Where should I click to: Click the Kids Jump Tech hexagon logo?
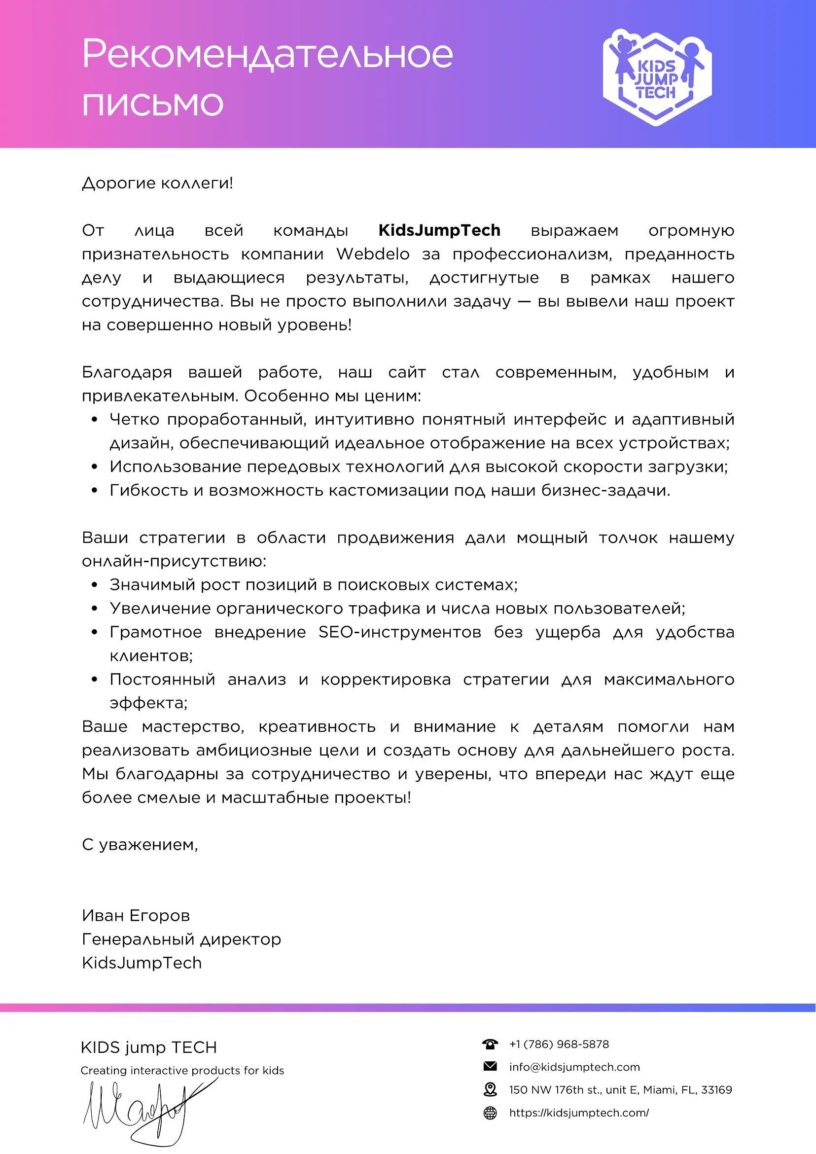click(x=657, y=77)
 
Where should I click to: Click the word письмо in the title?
click(x=152, y=104)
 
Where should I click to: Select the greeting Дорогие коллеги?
click(x=157, y=183)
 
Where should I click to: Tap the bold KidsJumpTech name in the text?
click(x=439, y=230)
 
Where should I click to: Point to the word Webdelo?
click(x=373, y=254)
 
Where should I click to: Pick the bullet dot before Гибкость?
click(x=95, y=491)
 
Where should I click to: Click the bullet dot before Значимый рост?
click(x=95, y=585)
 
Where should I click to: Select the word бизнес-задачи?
click(x=605, y=491)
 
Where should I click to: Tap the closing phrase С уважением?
click(x=140, y=845)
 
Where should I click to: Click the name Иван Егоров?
click(x=136, y=916)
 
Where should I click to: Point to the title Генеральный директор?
click(x=181, y=939)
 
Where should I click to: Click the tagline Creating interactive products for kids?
click(x=182, y=1071)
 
